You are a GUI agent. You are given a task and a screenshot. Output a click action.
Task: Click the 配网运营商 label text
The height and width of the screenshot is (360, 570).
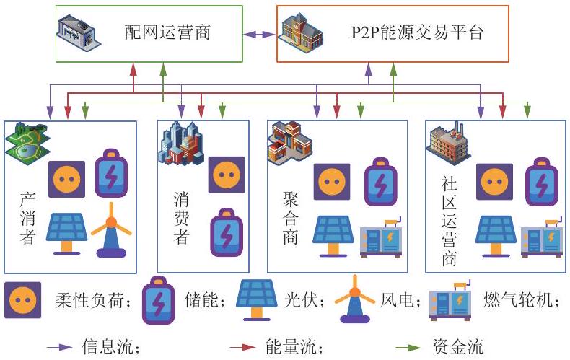click(x=167, y=32)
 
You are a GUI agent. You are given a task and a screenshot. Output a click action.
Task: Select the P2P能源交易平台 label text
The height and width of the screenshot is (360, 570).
click(x=417, y=32)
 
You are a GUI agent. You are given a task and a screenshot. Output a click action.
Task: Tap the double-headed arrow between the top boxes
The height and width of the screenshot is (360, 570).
click(x=260, y=35)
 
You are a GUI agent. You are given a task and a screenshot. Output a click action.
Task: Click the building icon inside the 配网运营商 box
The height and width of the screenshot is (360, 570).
click(x=79, y=33)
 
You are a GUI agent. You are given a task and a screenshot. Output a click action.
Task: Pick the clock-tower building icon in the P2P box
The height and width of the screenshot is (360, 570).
click(x=300, y=33)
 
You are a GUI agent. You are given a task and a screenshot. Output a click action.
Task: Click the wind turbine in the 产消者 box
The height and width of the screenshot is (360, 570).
click(x=111, y=230)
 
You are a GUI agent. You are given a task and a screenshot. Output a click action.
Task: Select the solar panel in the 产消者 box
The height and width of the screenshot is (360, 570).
click(x=66, y=233)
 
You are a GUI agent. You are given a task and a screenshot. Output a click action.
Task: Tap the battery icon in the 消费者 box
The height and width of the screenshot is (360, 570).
click(x=227, y=232)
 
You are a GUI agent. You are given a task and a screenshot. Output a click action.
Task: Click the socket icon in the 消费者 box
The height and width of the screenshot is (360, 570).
click(x=227, y=175)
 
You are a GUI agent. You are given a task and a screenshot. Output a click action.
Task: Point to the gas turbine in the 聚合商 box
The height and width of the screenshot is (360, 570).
click(x=381, y=238)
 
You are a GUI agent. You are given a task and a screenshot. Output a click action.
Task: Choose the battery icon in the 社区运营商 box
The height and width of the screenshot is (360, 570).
click(x=542, y=182)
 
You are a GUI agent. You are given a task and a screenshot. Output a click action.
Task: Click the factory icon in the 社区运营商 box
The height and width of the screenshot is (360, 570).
click(x=448, y=144)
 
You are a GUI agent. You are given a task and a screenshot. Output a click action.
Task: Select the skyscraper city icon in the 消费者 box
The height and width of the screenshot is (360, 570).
click(x=180, y=143)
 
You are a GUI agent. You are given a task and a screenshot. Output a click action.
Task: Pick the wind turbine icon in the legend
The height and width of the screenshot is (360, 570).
click(x=355, y=299)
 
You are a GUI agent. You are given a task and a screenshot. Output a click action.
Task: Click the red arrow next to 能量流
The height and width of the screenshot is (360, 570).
click(x=243, y=347)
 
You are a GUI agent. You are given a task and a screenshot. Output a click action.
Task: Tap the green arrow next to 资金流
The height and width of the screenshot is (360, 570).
click(x=408, y=348)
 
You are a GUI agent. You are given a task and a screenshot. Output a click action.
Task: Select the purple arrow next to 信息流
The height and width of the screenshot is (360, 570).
click(x=60, y=347)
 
